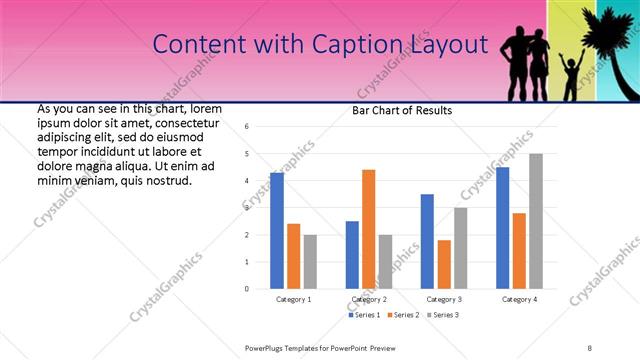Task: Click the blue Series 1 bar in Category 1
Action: (x=277, y=230)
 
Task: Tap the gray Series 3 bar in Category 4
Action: (x=536, y=221)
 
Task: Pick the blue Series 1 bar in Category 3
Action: (x=428, y=241)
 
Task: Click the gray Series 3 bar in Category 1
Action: (x=310, y=261)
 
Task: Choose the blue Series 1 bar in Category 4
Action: (x=503, y=228)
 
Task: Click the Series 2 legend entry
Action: (x=404, y=315)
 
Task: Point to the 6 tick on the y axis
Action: (x=247, y=127)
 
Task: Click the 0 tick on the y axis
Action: (x=247, y=289)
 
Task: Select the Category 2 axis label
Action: (x=369, y=299)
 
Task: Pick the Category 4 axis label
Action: (x=519, y=299)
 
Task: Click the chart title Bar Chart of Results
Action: (x=402, y=110)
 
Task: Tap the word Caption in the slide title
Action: (x=358, y=44)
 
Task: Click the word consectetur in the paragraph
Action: (x=188, y=122)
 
